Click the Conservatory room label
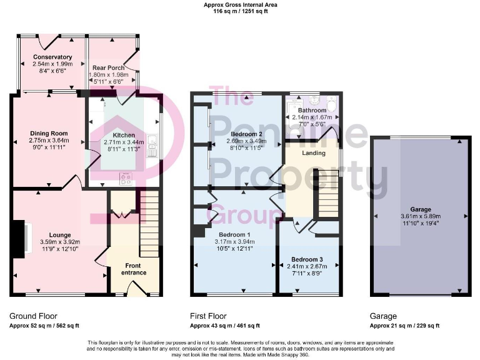click(x=53, y=57)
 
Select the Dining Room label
click(x=49, y=133)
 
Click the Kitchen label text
click(x=123, y=135)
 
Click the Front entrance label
click(x=131, y=269)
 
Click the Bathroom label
click(x=312, y=111)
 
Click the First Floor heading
click(x=209, y=316)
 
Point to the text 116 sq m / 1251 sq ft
click(x=240, y=11)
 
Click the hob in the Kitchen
click(x=124, y=178)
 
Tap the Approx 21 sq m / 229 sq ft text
click(x=404, y=326)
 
